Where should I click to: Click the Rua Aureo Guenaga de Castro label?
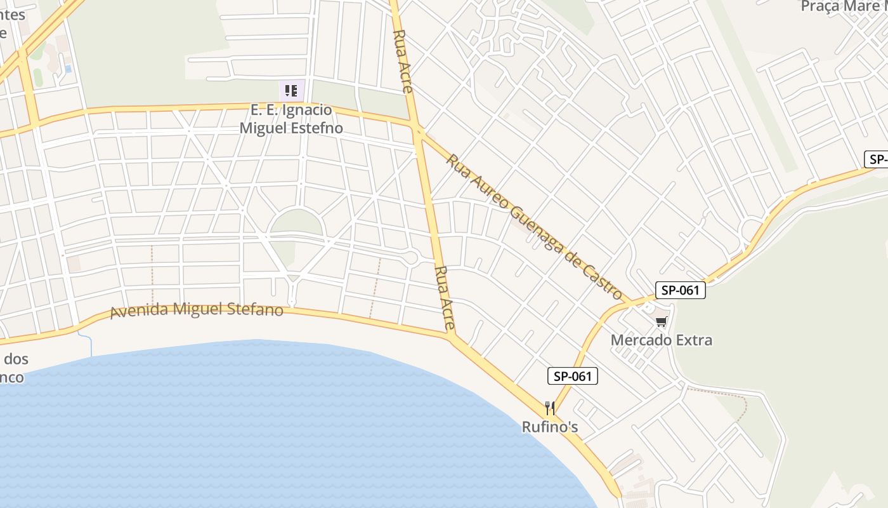coord(533,225)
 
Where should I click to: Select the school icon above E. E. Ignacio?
coord(291,91)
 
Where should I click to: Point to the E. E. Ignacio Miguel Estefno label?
coord(291,119)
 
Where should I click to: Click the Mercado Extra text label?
coord(661,340)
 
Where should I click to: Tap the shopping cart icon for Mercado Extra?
coord(662,322)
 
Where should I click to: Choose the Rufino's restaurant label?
coord(550,427)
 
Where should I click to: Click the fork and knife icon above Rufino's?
coord(550,408)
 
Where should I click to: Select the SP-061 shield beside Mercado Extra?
coord(680,290)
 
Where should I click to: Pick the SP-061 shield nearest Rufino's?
coord(573,376)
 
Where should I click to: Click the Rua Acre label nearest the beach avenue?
coord(445,298)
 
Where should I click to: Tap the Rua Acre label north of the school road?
coord(403,61)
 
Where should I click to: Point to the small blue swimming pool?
coord(68,68)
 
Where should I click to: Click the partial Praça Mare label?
coord(844,6)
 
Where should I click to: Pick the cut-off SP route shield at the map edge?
coord(877,159)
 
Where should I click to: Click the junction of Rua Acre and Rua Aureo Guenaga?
coord(418,131)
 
